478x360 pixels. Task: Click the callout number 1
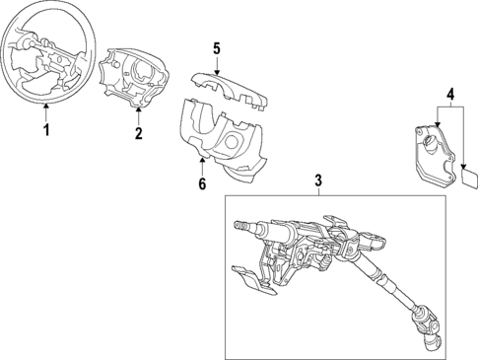coord(42,129)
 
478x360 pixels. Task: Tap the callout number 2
coord(138,133)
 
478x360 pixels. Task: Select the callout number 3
coord(318,180)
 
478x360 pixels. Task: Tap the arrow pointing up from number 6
coord(203,165)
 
